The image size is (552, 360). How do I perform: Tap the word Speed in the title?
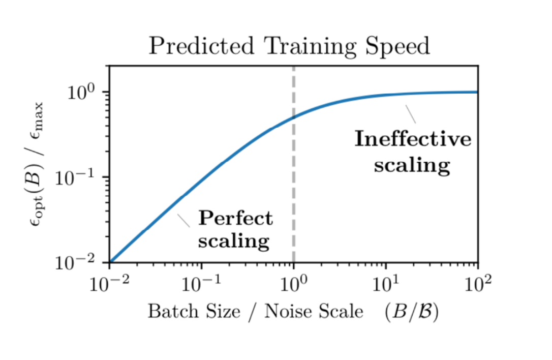pyautogui.click(x=400, y=47)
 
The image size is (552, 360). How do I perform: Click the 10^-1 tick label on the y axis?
pyautogui.click(x=79, y=177)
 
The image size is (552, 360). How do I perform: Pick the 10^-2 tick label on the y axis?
pyautogui.click(x=79, y=262)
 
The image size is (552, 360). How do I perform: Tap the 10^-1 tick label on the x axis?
pyautogui.click(x=202, y=284)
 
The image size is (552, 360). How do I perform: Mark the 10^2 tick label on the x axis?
pyautogui.click(x=478, y=284)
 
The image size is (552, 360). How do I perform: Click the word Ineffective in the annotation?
pyautogui.click(x=413, y=139)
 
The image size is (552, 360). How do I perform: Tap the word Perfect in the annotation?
pyautogui.click(x=235, y=219)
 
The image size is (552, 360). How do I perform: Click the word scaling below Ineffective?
pyautogui.click(x=412, y=165)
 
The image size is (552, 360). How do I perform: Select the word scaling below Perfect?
pyautogui.click(x=233, y=241)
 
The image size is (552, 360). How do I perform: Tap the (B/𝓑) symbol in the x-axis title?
pyautogui.click(x=411, y=311)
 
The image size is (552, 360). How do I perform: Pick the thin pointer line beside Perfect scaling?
pyautogui.click(x=183, y=220)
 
